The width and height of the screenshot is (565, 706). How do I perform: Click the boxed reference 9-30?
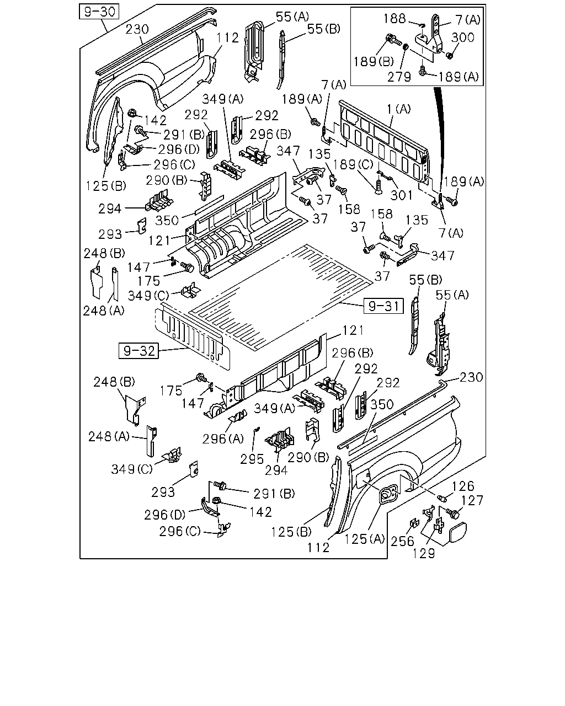coord(99,12)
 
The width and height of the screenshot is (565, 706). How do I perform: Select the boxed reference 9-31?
coord(383,306)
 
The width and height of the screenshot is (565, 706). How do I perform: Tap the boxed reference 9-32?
coord(138,351)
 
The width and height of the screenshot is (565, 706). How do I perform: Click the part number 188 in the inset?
coord(395,19)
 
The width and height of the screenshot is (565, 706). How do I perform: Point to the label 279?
coord(399,77)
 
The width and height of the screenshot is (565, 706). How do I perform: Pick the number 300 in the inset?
coord(463,38)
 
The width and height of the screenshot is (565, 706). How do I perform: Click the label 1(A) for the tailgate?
coord(398,109)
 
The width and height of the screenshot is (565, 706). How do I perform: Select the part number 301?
coord(401,195)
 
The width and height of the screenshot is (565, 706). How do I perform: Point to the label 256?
coord(402,542)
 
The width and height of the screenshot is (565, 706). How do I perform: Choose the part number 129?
coord(424,554)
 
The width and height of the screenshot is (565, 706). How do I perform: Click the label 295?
coord(252,459)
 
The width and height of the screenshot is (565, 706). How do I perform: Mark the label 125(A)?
coord(364,539)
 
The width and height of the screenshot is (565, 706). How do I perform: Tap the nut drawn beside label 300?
coord(450,56)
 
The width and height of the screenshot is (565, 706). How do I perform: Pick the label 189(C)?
coord(354,165)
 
